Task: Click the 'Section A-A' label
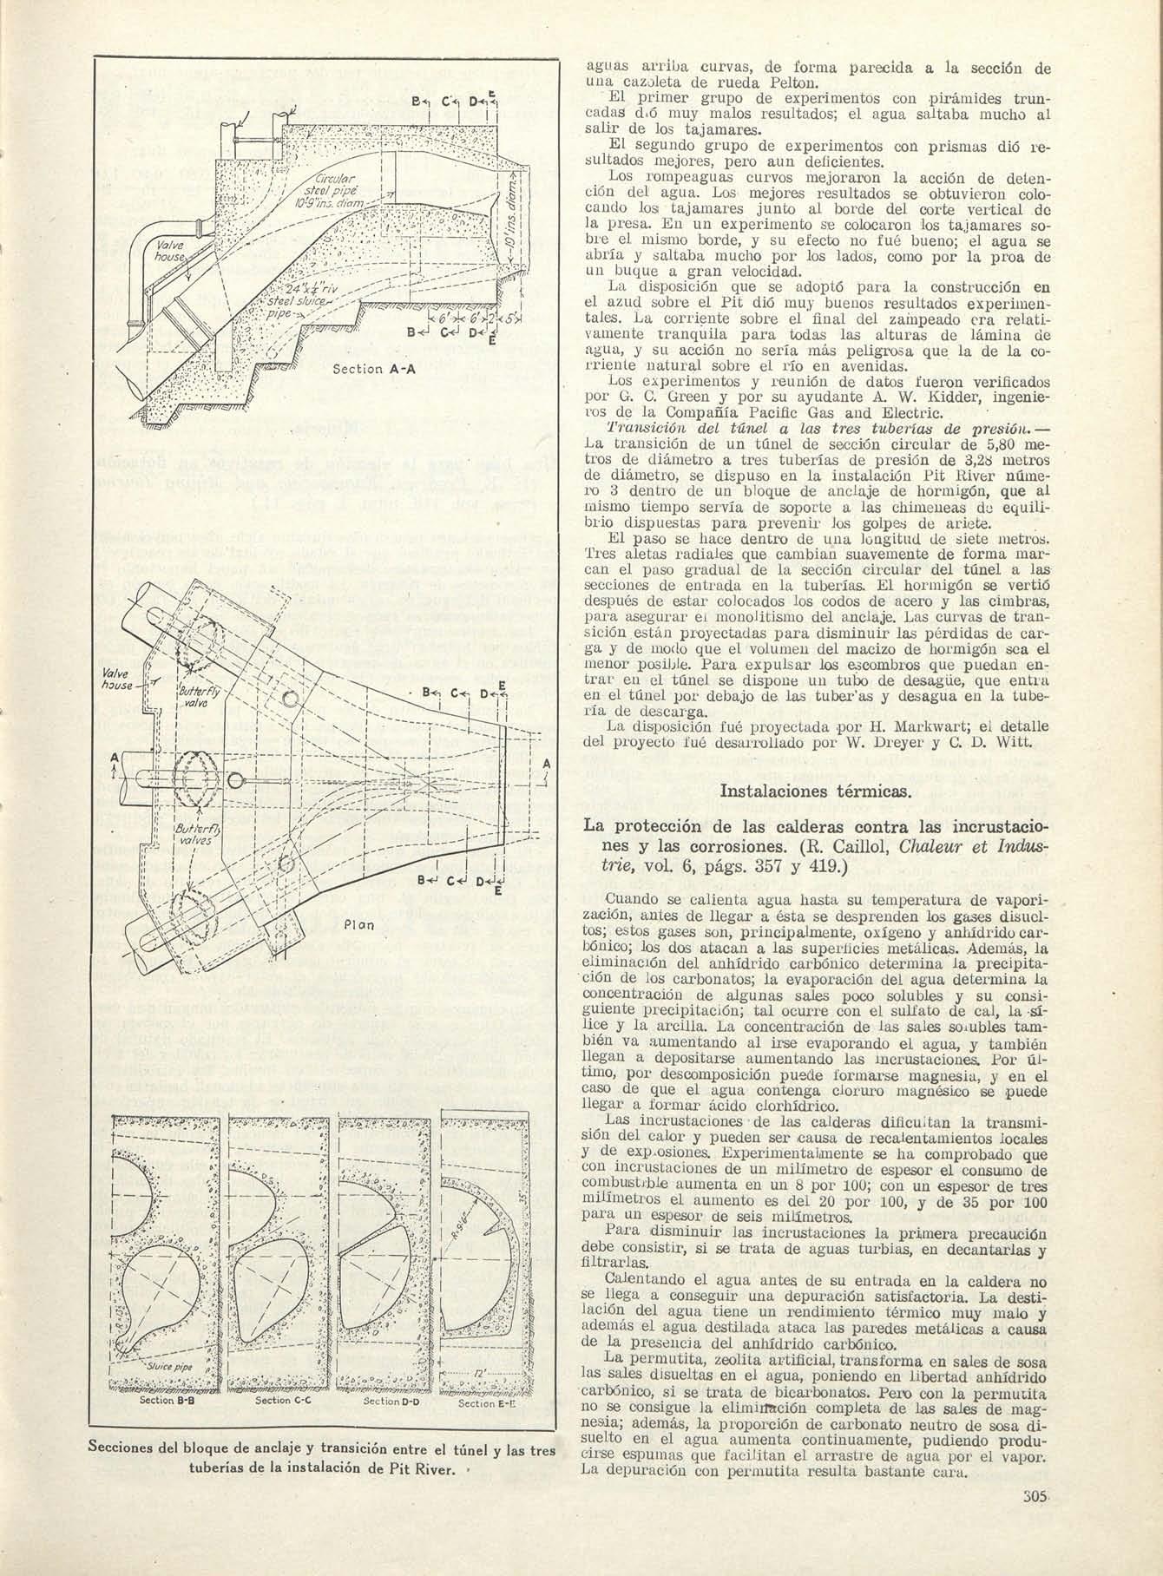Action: (376, 368)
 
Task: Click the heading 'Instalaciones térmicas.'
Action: (816, 791)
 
